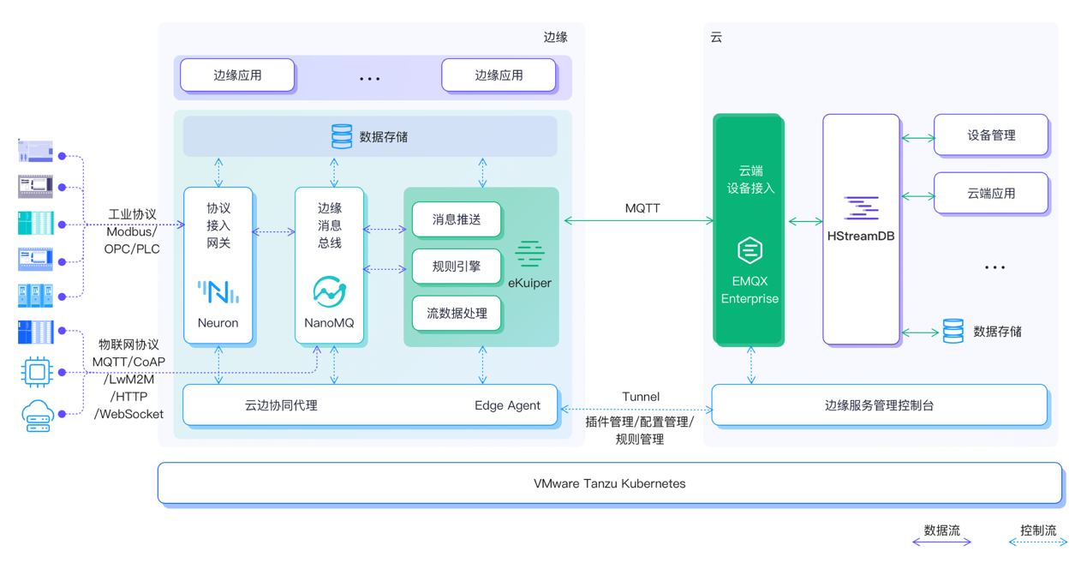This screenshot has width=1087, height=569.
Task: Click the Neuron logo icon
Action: click(218, 292)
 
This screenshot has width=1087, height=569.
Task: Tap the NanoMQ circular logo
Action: click(329, 292)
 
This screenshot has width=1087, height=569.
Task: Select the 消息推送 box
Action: click(457, 220)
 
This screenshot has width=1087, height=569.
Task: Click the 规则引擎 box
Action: click(457, 267)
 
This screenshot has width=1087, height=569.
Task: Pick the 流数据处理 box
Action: click(457, 314)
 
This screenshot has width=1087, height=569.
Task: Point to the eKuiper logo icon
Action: click(529, 255)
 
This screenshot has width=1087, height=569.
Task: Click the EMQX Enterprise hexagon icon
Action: click(750, 251)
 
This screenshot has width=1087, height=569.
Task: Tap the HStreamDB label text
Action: click(861, 236)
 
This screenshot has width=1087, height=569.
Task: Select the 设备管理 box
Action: click(991, 135)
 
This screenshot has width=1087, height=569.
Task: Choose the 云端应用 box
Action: click(991, 194)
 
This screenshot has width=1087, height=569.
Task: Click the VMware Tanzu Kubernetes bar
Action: click(609, 483)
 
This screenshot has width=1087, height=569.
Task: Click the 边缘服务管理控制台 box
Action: click(879, 405)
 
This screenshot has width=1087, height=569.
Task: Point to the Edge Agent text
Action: click(507, 405)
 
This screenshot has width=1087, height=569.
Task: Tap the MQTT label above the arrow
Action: click(642, 208)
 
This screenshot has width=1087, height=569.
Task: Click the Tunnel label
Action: click(641, 397)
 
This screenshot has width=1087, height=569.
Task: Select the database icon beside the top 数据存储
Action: click(342, 136)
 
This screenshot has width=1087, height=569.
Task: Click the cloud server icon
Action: click(38, 416)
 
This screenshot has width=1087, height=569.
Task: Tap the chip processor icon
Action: click(37, 372)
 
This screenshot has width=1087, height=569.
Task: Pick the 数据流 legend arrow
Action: click(941, 542)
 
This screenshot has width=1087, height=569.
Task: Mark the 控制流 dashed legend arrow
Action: click(1038, 542)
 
